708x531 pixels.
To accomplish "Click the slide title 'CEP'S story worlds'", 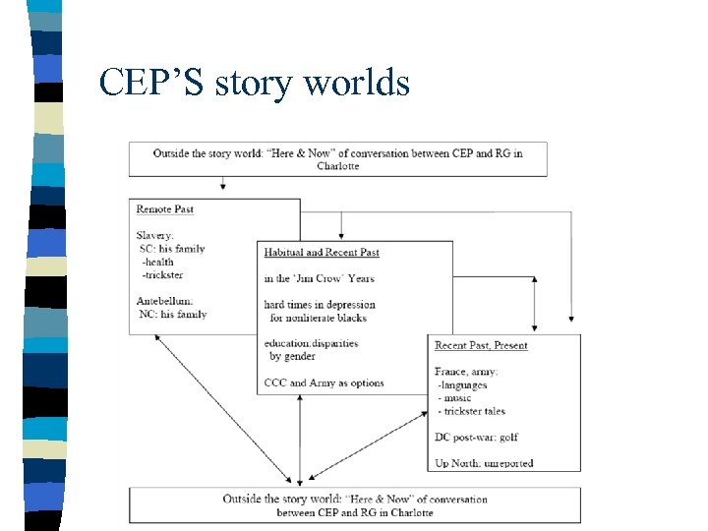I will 254,83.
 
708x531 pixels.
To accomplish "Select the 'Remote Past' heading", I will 164,209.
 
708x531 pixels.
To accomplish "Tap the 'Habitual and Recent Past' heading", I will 322,253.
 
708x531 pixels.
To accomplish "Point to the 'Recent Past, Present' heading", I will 481,346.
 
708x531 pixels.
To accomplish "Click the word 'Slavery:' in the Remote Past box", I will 155,235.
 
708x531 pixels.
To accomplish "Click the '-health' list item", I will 157,262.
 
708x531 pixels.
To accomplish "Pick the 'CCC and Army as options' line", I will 324,383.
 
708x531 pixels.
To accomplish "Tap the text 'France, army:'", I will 466,372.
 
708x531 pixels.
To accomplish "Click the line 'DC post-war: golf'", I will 476,437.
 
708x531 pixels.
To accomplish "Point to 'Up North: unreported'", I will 483,463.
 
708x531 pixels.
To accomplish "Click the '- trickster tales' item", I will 473,411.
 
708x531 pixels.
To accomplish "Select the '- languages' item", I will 463,384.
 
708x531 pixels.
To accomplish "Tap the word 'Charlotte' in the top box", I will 337,166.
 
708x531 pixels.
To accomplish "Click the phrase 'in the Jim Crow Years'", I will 319,278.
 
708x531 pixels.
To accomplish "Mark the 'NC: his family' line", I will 172,315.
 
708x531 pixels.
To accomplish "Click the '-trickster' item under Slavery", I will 162,274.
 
